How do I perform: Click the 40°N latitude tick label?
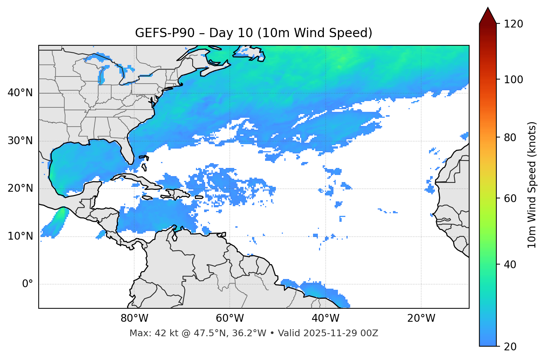(x=20, y=93)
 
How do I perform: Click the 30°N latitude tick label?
(x=20, y=141)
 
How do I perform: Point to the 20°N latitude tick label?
(x=20, y=188)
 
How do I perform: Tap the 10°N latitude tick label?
(x=20, y=236)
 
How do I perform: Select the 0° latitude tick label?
(x=27, y=284)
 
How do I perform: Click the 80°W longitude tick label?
(x=134, y=318)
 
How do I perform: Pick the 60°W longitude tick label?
(x=230, y=318)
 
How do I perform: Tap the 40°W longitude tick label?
(x=325, y=318)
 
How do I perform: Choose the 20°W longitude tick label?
(x=421, y=318)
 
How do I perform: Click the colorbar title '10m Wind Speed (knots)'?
(x=532, y=185)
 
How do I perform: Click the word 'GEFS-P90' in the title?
(x=165, y=33)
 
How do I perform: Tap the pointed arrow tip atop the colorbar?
(x=488, y=8)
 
